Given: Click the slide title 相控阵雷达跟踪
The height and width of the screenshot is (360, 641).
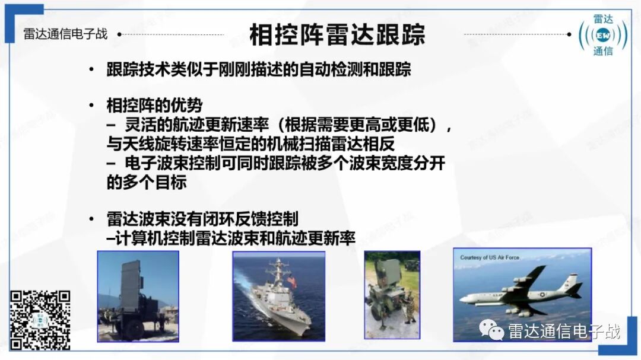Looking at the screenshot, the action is pos(337,35).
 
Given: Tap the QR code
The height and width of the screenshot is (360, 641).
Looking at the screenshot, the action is pos(40,320).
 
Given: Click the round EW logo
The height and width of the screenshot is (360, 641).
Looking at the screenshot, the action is pos(603,35).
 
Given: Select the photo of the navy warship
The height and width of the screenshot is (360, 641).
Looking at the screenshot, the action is pos(279,297).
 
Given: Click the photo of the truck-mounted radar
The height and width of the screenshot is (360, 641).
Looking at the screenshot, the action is pos(138,297).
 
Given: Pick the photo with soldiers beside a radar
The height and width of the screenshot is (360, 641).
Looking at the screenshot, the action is pos(392,295).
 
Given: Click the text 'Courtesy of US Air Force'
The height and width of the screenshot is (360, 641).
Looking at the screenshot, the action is pos(489,257).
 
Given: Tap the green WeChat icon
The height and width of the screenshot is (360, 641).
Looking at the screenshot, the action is pos(491,330).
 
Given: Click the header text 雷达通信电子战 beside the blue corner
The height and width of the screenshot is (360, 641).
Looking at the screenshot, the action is pos(65,34).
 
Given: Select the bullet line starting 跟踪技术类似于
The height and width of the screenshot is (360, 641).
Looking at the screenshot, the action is pos(258,69).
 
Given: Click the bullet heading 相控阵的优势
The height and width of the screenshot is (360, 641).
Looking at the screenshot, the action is pos(154,106).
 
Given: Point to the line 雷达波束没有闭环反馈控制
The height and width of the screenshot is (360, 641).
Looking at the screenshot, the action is pos(202,219).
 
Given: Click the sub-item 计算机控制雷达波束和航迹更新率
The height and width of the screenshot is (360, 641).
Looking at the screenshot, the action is pos(230,238).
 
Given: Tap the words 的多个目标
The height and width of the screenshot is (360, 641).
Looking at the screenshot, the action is pos(147,182).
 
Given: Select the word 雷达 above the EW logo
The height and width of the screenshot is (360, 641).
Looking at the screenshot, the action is pos(603,19).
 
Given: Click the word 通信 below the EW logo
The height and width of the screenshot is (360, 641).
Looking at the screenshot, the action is pos(603,51).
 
